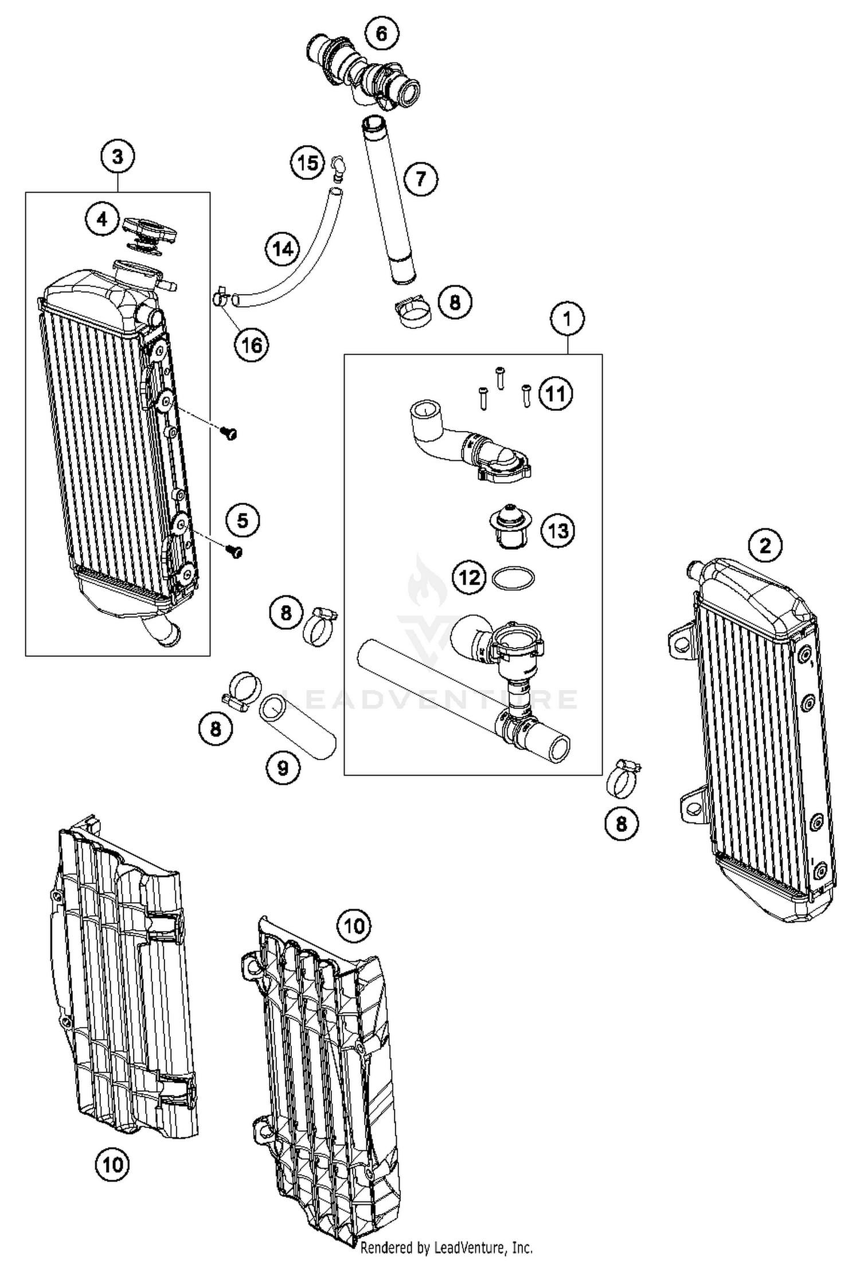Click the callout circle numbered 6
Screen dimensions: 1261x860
[381, 34]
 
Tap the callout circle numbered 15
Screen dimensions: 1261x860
[307, 163]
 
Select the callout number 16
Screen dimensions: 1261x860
[252, 345]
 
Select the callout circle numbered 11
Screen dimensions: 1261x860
[556, 394]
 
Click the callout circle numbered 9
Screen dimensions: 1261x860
[283, 767]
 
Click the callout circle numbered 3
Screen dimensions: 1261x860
[118, 156]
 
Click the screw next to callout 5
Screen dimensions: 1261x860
[235, 552]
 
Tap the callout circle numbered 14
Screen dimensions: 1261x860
[283, 249]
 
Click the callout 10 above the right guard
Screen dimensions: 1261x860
[354, 925]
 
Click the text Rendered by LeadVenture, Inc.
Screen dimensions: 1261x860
[447, 1247]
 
